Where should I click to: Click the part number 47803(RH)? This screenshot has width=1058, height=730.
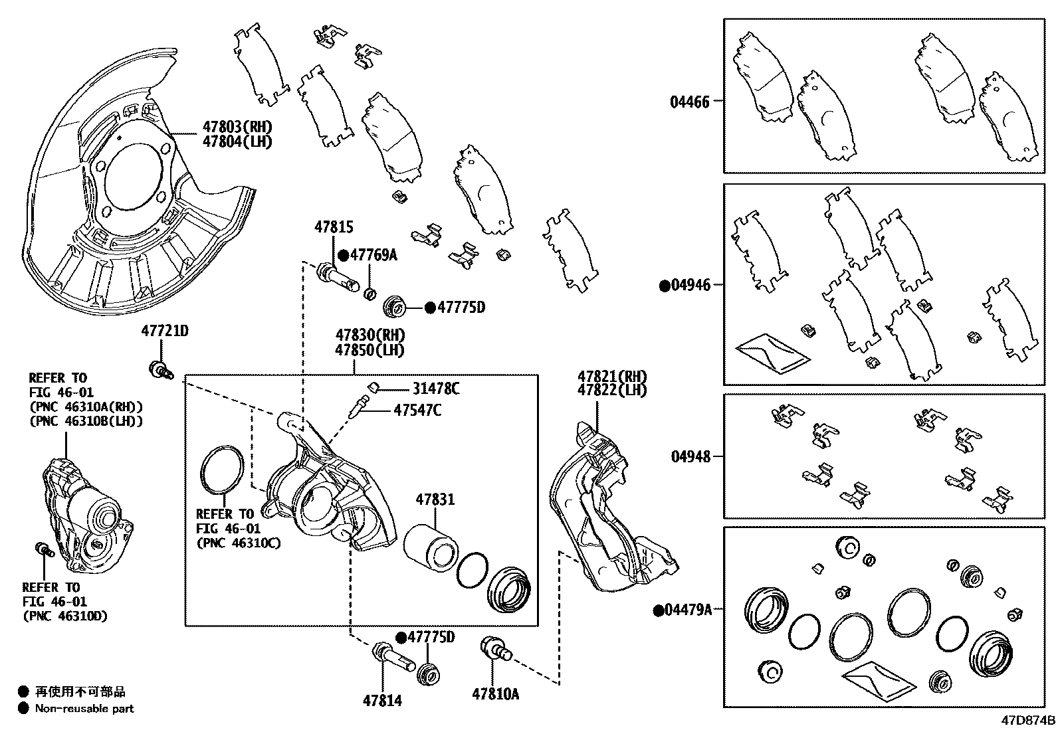[x=237, y=127]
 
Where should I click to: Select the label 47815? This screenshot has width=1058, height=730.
[x=334, y=228]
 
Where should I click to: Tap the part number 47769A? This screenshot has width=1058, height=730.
[x=373, y=255]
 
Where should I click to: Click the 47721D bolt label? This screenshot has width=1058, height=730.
[x=164, y=331]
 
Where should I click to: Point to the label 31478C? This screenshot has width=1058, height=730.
[x=435, y=389]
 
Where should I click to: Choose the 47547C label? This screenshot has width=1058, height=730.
[x=417, y=411]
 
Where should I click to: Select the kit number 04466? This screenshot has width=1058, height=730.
[x=689, y=102]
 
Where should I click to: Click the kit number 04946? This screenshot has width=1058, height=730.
[x=690, y=286]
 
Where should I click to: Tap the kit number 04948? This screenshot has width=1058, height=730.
[x=690, y=457]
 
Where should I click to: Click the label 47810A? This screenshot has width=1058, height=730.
[x=495, y=694]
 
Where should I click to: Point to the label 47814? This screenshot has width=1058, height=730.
[x=382, y=700]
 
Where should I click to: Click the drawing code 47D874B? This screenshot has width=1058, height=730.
[x=1029, y=721]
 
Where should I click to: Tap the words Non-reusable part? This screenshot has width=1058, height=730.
[x=84, y=709]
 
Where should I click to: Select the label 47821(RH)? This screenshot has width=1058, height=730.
[x=611, y=376]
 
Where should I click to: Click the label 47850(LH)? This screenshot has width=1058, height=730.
[x=370, y=350]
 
